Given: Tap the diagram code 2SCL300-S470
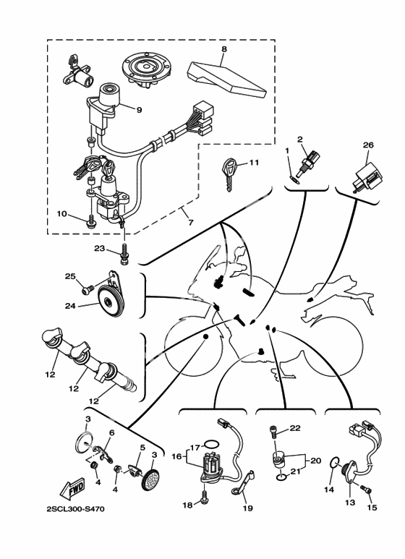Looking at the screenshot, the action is pos(76,509).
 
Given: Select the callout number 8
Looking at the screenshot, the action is pos(224,49).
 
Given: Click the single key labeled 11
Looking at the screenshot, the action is pos(230,175).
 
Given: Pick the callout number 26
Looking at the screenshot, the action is pos(368,145).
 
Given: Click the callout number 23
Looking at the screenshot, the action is pos(100,248).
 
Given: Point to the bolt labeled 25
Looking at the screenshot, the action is pos(88,289).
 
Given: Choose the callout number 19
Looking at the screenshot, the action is pos(247,508).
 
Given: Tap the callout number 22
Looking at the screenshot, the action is pos(295,428).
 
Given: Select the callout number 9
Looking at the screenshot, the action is pos(139,109).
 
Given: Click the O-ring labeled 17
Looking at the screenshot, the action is pos(211,445).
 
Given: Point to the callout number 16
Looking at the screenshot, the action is pos(177,456).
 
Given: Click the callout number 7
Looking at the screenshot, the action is pos(191,223).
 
